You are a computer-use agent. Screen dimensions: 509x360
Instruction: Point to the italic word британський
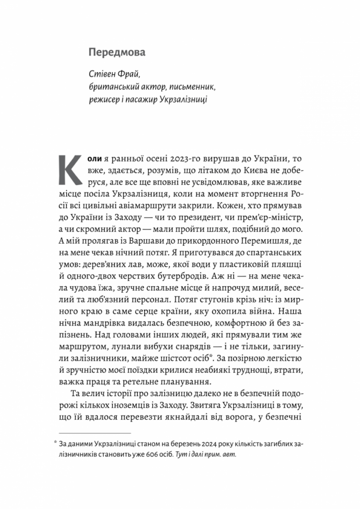pos(112,87)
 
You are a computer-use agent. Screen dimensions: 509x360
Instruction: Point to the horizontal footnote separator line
pos(94,433)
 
